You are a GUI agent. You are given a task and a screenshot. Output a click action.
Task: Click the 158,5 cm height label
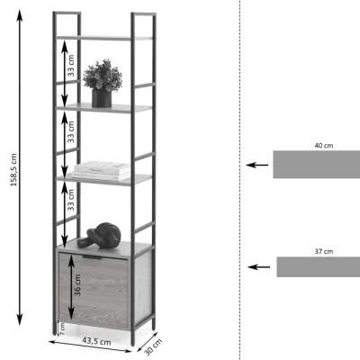(x=13, y=170)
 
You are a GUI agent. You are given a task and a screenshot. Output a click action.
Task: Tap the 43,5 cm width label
(x=96, y=341)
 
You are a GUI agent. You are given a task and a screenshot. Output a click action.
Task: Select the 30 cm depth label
(x=154, y=346)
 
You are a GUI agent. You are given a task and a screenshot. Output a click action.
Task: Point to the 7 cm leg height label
(x=62, y=329)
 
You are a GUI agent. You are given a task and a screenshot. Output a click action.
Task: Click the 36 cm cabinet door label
(x=77, y=285)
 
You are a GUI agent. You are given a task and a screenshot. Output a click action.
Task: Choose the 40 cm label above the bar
(x=324, y=146)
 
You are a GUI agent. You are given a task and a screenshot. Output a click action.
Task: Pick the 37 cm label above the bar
(x=324, y=251)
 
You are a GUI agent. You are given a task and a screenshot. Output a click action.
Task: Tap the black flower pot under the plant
(x=102, y=98)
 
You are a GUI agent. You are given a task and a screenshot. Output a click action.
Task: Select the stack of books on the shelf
(x=101, y=171)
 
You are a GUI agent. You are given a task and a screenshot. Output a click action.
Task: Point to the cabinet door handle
(x=92, y=257)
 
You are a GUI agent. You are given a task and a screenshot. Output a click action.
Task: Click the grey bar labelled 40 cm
(x=317, y=165)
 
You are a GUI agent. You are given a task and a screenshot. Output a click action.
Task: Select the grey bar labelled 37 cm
(x=319, y=266)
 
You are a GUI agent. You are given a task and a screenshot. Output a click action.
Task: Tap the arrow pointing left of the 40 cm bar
(x=257, y=165)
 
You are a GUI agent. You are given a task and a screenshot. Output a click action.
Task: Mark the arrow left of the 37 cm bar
(x=259, y=266)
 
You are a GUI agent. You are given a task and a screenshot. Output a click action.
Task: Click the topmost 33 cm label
(x=70, y=66)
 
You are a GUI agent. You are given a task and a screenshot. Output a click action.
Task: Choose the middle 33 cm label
(x=70, y=132)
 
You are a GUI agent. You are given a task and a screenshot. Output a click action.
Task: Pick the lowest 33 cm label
(x=70, y=200)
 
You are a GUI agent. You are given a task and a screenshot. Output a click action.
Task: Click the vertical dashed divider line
(x=239, y=180)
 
